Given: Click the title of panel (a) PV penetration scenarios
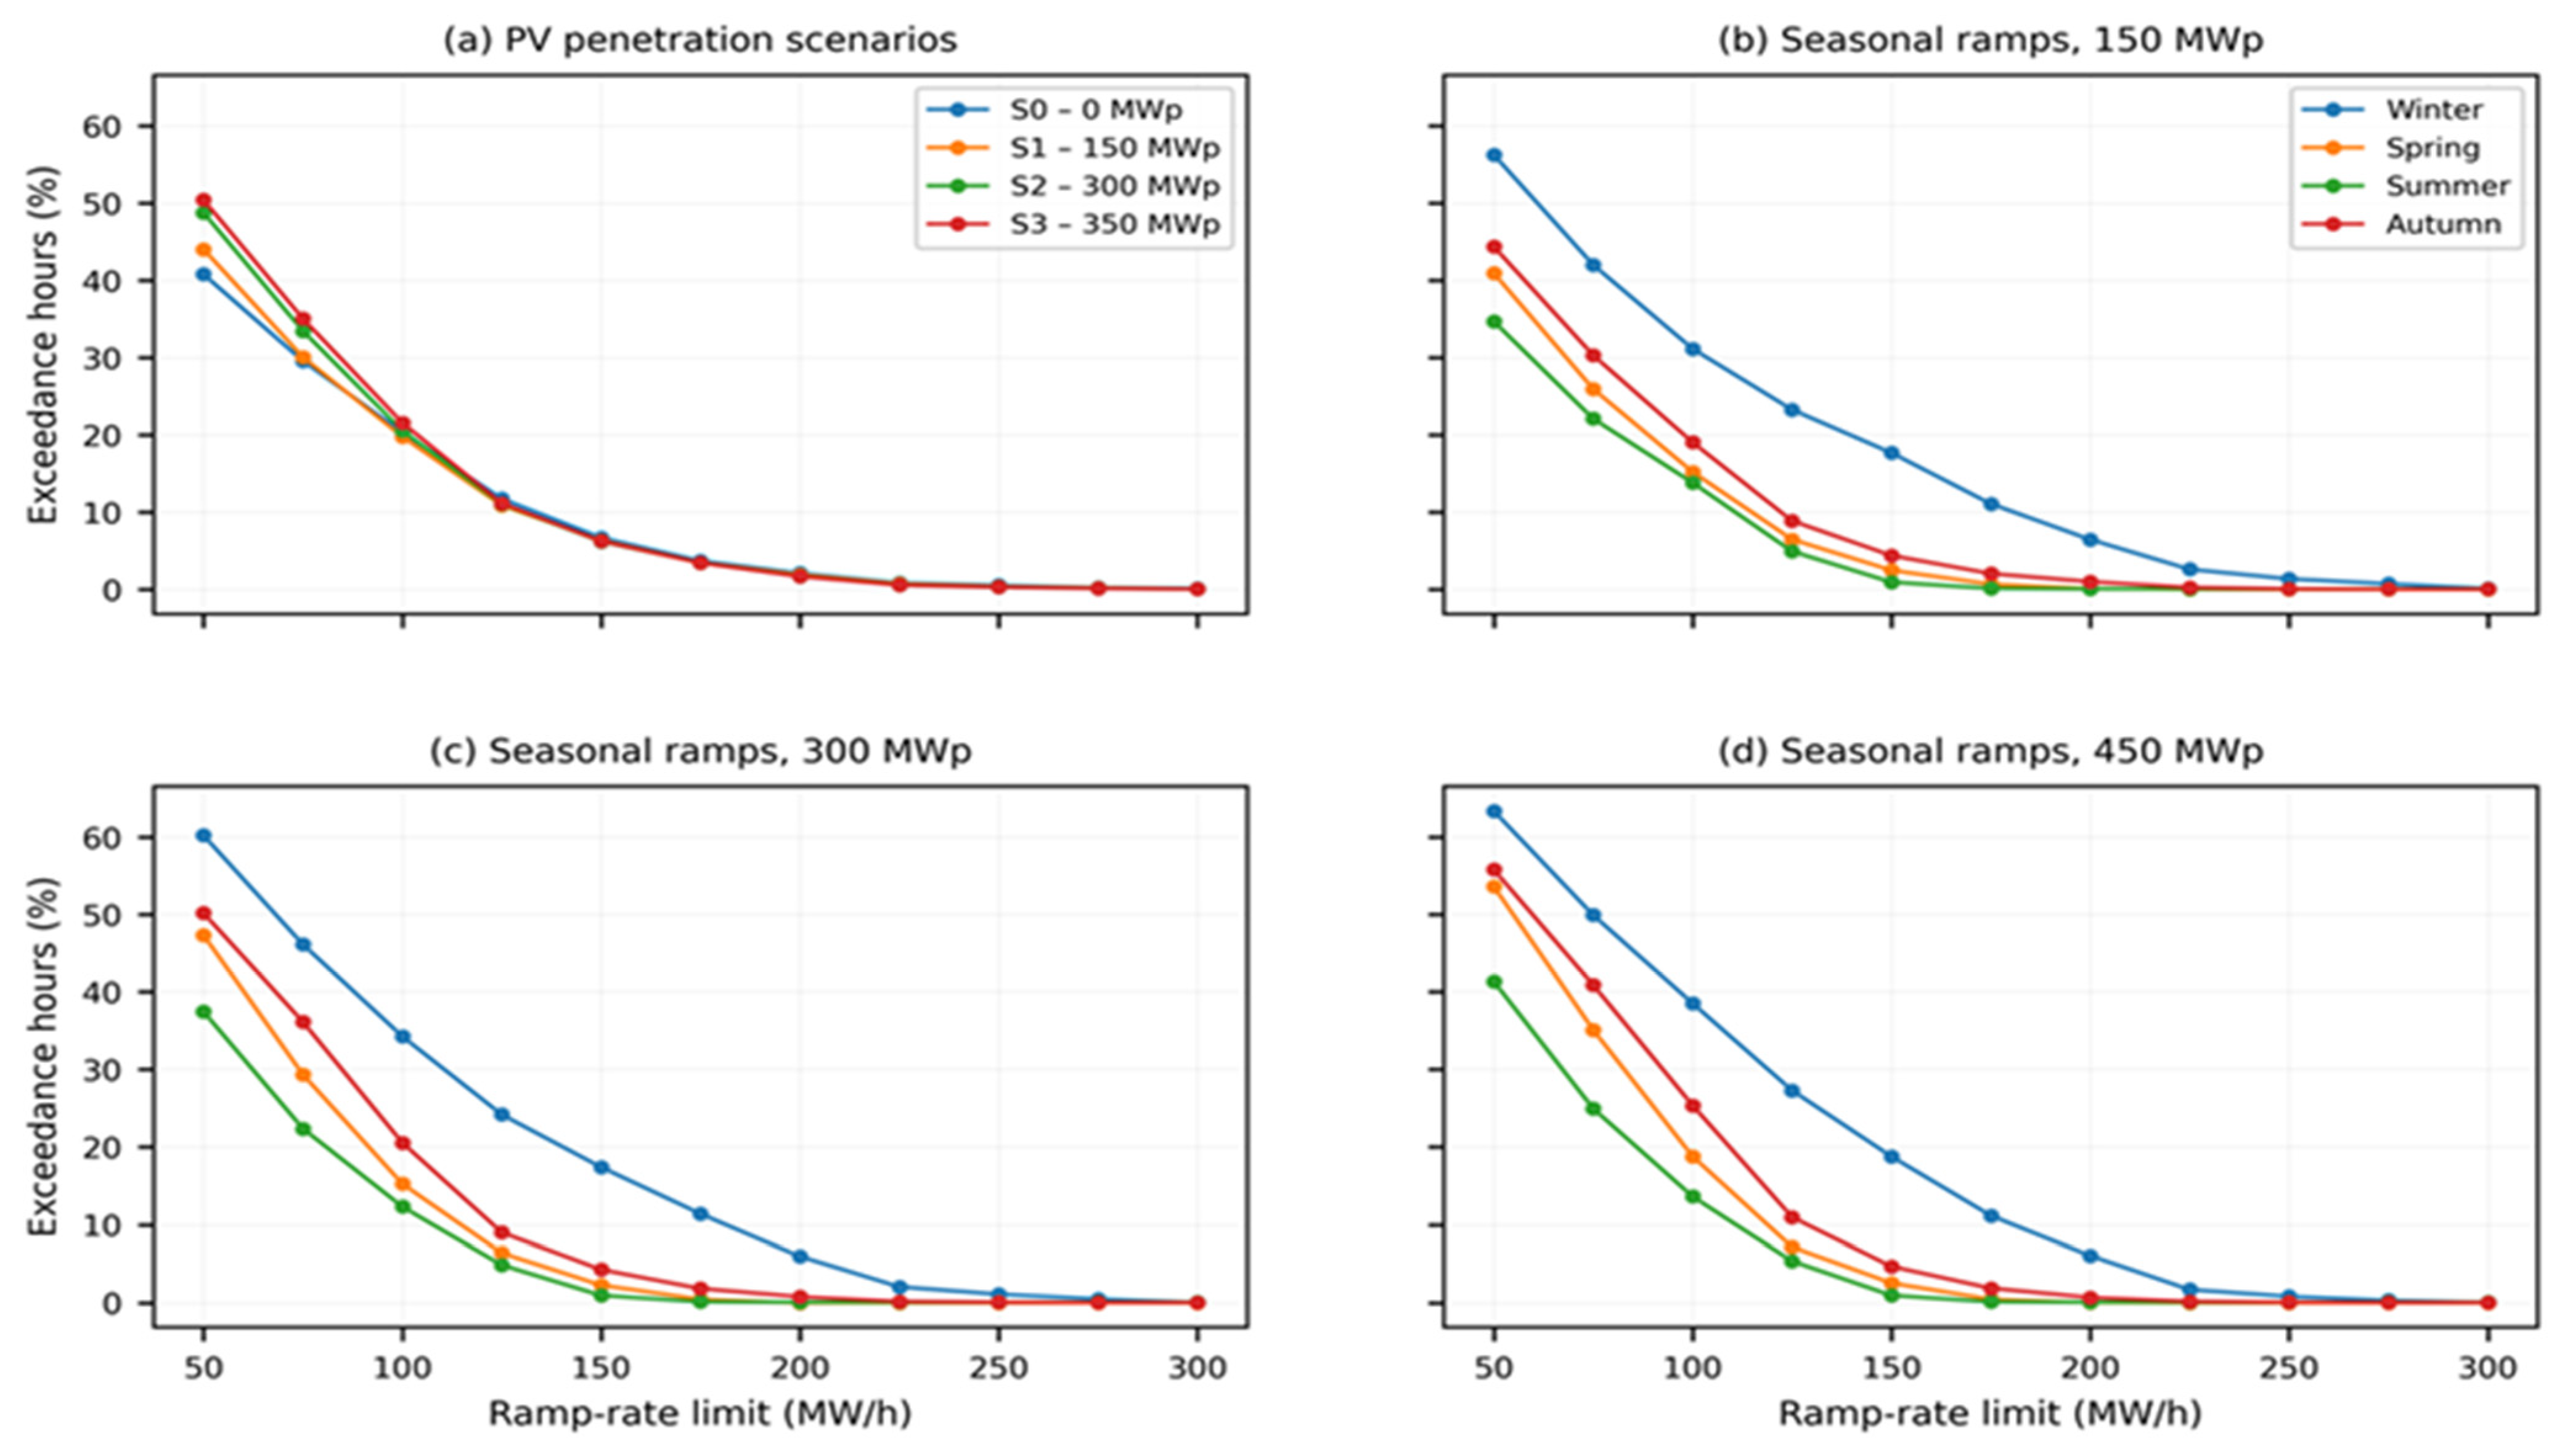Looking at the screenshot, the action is tap(700, 40).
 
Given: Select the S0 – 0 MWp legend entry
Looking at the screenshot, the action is tap(1073, 109).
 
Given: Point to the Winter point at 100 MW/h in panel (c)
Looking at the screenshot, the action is tap(402, 1036).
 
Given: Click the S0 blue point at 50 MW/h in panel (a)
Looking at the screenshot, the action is tap(204, 274).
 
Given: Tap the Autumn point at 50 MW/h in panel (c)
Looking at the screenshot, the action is tap(204, 912).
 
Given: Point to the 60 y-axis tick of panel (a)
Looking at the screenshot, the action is tap(146, 126).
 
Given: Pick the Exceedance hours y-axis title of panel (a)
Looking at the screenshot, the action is tap(43, 344).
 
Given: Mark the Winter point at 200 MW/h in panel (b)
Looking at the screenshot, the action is tap(2090, 540).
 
